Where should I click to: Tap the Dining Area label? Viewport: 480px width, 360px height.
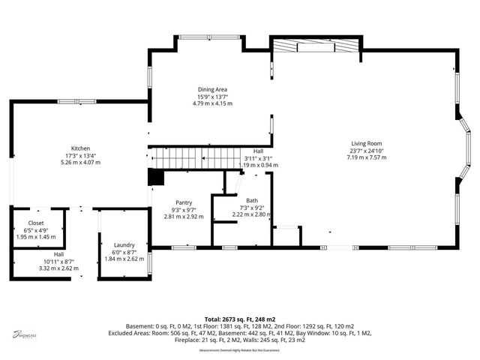click(x=212, y=89)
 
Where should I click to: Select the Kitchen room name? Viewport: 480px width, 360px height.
click(x=81, y=148)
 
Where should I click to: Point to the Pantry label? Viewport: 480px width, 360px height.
click(x=184, y=202)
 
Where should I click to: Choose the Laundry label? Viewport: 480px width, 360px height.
click(x=124, y=245)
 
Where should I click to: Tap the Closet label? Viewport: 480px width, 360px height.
click(x=36, y=223)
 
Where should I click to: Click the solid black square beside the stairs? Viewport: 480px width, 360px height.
click(x=156, y=177)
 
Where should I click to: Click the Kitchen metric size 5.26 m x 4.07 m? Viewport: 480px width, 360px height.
click(x=81, y=162)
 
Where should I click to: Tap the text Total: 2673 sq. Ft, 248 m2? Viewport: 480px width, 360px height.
click(x=239, y=319)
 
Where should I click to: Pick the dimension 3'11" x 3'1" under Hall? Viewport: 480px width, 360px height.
click(x=258, y=157)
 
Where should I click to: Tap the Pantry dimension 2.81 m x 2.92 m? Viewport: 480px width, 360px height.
click(x=184, y=216)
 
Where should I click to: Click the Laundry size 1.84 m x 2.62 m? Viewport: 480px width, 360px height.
click(x=124, y=259)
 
